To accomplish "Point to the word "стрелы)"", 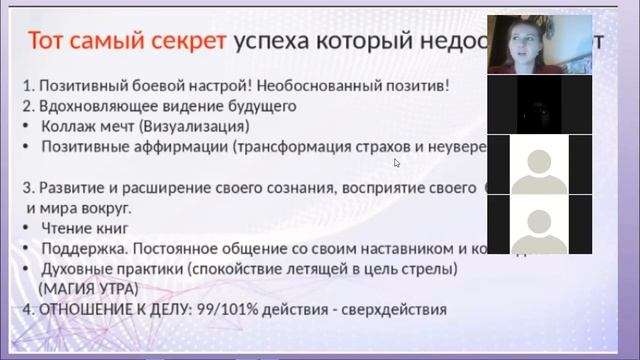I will pyautogui.click(x=433, y=269).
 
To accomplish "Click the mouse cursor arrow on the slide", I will pyautogui.click(x=397, y=162).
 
